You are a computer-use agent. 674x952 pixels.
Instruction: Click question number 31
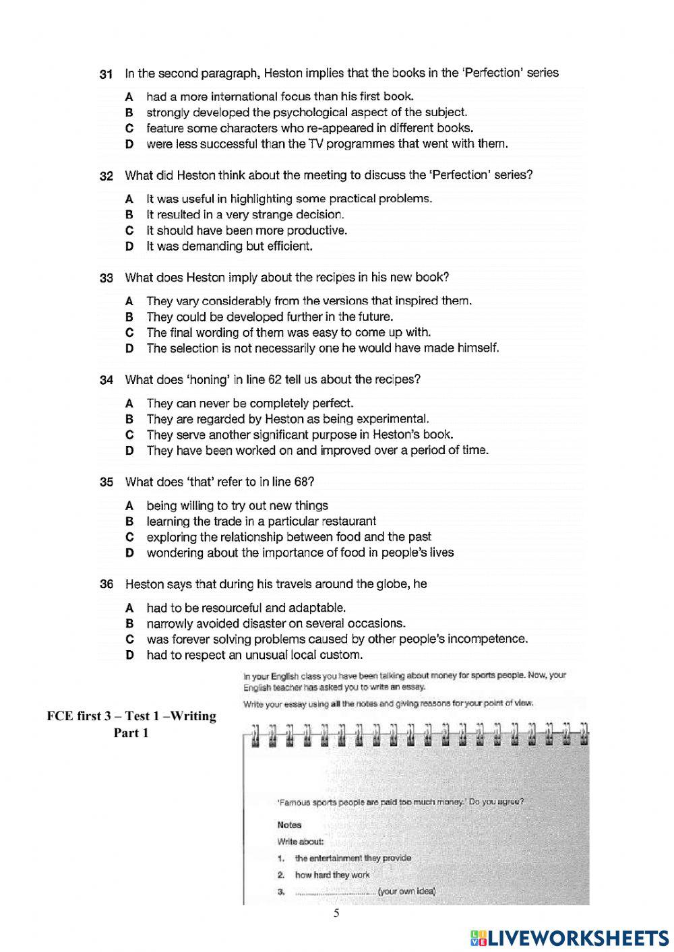click(x=106, y=73)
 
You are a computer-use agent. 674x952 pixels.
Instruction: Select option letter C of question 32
click(x=129, y=230)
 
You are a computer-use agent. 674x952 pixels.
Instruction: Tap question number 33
click(x=106, y=278)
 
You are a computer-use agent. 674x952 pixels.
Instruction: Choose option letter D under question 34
click(x=129, y=451)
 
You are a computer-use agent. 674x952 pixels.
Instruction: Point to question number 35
click(x=106, y=482)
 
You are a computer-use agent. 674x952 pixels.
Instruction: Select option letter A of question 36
click(x=129, y=608)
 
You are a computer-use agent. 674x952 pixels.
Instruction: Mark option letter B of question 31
click(x=129, y=113)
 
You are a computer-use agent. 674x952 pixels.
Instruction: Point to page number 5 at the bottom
click(x=337, y=914)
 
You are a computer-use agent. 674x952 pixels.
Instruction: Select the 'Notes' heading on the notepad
click(x=289, y=825)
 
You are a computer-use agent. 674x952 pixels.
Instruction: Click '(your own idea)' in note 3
click(x=406, y=891)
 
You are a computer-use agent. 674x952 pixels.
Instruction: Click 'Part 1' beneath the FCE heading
click(x=131, y=733)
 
